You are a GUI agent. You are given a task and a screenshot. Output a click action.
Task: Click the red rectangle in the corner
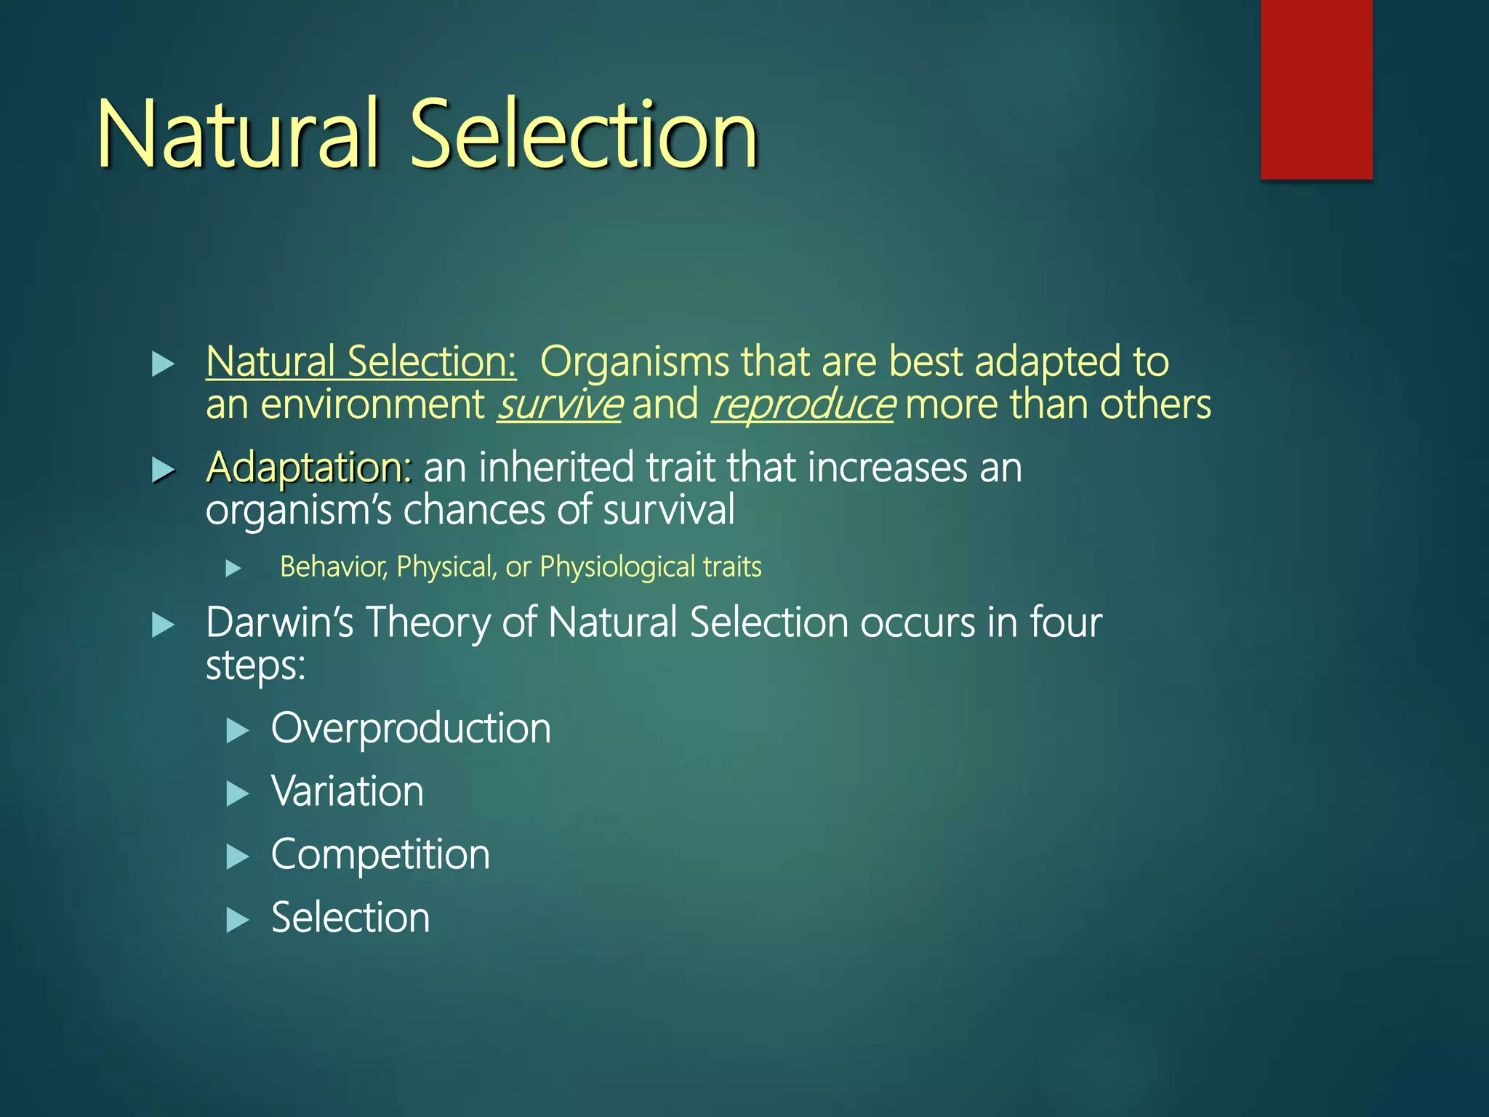[1316, 89]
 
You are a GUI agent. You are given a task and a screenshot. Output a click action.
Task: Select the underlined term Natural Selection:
[361, 361]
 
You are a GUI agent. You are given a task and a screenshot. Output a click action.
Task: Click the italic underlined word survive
[558, 404]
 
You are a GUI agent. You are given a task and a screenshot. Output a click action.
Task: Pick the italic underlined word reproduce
[802, 404]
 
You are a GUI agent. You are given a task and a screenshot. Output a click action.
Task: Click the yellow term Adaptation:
[309, 467]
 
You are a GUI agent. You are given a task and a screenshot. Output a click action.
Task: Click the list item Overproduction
[411, 729]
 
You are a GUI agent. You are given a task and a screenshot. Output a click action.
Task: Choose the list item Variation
[348, 791]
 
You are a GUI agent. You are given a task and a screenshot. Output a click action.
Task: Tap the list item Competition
[380, 854]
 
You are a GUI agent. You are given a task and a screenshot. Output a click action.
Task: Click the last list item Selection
[350, 918]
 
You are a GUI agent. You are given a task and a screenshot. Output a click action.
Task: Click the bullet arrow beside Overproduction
[237, 730]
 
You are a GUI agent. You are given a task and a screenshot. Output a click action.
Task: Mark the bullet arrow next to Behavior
[233, 568]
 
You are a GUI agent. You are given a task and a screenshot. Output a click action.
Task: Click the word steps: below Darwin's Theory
[255, 665]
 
